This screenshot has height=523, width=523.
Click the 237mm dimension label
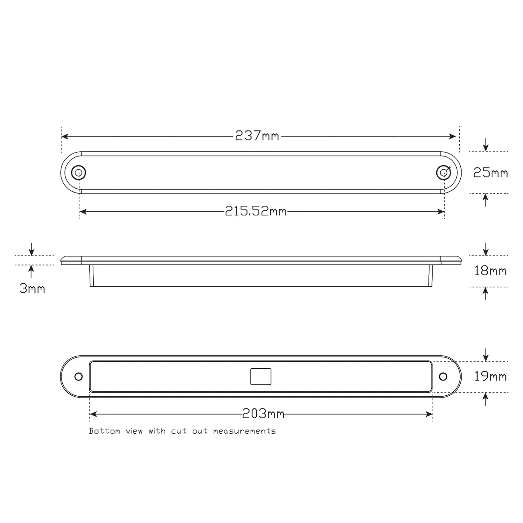[x=257, y=136]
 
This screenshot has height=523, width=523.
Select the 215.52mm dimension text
[x=256, y=211]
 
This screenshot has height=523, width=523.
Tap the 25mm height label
[x=490, y=173]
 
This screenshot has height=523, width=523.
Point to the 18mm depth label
[x=490, y=271]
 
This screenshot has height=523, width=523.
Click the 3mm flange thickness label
[x=32, y=288]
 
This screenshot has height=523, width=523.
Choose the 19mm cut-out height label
[x=490, y=376]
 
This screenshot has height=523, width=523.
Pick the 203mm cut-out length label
[x=263, y=414]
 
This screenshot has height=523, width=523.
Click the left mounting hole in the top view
[x=79, y=173]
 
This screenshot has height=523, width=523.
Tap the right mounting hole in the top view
[x=444, y=173]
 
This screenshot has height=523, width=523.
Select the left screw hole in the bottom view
[x=78, y=377]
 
